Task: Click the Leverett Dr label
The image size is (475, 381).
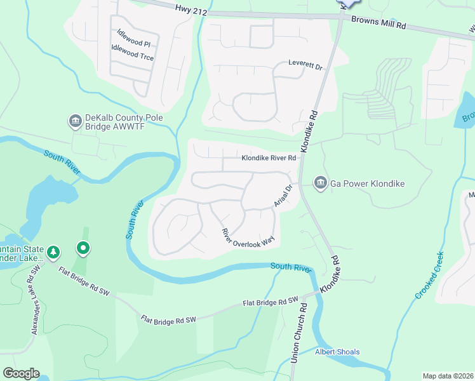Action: [x=306, y=65]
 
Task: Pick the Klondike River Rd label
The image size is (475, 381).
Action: [x=269, y=158]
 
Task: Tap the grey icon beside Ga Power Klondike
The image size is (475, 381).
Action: [x=320, y=184]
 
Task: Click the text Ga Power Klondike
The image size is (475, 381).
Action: [x=366, y=184]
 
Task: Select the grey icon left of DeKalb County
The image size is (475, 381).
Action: [x=75, y=120]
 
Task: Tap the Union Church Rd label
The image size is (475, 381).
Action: [x=298, y=333]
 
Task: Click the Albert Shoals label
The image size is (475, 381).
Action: [x=337, y=352]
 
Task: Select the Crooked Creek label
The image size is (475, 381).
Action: [x=430, y=276]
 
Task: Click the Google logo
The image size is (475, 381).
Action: [x=21, y=373]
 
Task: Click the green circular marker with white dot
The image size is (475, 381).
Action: [x=83, y=248]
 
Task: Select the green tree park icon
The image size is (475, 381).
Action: [x=54, y=253]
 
